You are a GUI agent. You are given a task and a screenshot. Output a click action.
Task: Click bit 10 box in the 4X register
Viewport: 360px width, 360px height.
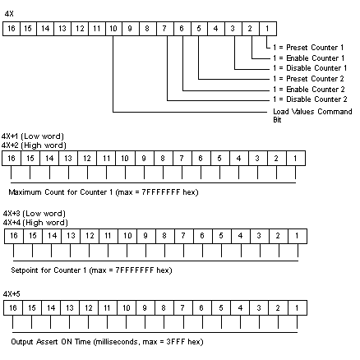click(x=113, y=29)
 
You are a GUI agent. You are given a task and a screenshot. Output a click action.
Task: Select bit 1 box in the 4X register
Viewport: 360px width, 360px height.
click(x=268, y=29)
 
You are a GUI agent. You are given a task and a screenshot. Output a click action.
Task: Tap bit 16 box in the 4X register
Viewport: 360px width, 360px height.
click(x=12, y=29)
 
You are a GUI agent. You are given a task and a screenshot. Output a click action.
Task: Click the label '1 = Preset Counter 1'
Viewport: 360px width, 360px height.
click(x=308, y=48)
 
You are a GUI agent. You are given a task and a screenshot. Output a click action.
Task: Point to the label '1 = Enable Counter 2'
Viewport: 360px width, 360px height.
click(x=308, y=90)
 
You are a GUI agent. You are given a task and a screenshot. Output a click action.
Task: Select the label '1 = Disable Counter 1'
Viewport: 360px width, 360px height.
click(x=310, y=68)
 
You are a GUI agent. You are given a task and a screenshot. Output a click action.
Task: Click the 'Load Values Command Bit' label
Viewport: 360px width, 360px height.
click(x=312, y=115)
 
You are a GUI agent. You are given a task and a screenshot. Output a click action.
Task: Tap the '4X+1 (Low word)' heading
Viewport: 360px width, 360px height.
click(x=33, y=136)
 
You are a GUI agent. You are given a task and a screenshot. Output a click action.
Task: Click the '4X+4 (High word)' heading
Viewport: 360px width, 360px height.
click(x=35, y=222)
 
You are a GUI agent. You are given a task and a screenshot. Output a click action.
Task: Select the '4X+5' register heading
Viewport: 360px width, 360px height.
click(x=12, y=294)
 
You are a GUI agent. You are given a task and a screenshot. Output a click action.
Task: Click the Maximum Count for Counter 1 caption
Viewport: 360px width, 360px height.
click(x=104, y=192)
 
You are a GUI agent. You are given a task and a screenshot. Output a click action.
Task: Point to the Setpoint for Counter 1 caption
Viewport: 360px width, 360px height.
click(x=91, y=270)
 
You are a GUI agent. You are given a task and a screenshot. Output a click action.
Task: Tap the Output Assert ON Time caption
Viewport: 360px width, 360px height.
click(x=107, y=342)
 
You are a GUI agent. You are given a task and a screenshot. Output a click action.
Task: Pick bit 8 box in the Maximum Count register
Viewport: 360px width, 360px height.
click(x=164, y=159)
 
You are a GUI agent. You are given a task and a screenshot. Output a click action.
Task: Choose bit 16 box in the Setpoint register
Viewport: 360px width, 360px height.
click(x=14, y=236)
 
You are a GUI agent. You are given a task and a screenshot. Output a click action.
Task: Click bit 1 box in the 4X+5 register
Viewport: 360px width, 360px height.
click(x=298, y=307)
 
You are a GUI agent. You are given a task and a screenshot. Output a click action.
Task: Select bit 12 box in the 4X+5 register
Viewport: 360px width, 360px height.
click(x=89, y=307)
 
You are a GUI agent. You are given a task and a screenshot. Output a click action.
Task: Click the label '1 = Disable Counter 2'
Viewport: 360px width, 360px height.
click(x=310, y=99)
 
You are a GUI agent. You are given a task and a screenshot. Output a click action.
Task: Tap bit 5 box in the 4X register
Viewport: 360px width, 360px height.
click(x=199, y=29)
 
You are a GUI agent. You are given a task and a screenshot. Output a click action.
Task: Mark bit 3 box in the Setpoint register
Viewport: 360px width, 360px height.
click(x=260, y=236)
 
